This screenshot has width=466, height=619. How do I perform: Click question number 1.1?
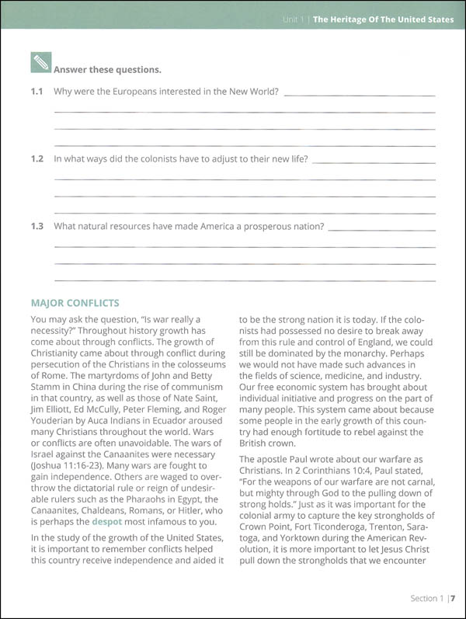(37, 92)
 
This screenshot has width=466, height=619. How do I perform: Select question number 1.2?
(37, 159)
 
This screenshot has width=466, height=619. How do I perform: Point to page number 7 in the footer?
(452, 598)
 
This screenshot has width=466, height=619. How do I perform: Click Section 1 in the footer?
(426, 598)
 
